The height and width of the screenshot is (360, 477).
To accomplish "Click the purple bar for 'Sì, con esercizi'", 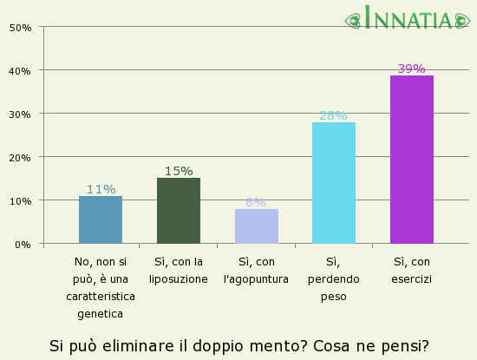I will [411, 160].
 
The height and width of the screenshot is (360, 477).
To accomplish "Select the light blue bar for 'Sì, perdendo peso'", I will [333, 183].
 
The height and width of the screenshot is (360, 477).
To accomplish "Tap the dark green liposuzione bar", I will [178, 211].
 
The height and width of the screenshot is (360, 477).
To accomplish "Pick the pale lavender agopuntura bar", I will [256, 226].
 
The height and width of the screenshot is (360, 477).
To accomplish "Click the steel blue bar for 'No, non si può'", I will [101, 220].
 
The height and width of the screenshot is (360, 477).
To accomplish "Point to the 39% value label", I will [411, 69].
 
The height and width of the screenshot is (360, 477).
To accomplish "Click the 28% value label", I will [333, 115].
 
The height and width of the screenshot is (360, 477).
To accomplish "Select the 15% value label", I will [178, 171].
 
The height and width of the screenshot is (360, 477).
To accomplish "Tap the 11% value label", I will [101, 189].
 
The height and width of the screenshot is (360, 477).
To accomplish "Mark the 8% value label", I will [256, 202].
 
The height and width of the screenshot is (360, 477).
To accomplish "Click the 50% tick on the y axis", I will [20, 28].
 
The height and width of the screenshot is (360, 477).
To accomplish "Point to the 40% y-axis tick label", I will [20, 70].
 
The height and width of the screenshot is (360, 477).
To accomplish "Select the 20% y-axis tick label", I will [20, 158].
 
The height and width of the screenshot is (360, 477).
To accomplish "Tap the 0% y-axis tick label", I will [23, 245].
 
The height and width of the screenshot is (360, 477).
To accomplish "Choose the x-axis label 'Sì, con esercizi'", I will [412, 271].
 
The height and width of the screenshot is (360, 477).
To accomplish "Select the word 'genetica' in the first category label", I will [101, 314].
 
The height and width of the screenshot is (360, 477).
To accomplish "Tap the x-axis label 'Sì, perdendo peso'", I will [333, 278].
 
